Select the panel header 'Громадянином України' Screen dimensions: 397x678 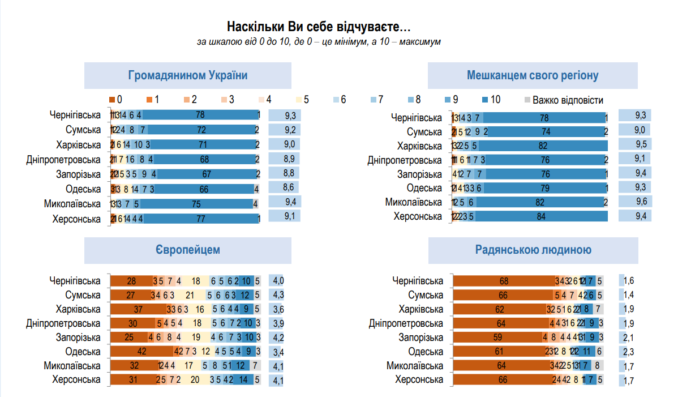click(x=187, y=76)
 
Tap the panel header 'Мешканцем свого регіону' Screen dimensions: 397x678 click(x=533, y=76)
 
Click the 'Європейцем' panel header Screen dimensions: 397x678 click(x=187, y=250)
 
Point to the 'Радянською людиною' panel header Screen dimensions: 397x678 click(x=534, y=250)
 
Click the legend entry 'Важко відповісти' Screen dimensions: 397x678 click(x=568, y=100)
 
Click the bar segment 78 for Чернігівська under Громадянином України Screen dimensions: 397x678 click(x=200, y=116)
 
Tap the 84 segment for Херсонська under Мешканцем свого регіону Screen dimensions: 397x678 click(x=540, y=216)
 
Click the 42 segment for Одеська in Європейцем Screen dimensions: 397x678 click(x=141, y=352)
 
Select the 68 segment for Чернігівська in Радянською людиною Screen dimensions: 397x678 click(x=504, y=281)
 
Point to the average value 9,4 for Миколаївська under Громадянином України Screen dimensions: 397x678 click(x=284, y=202)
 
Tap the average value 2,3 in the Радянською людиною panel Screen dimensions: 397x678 click(x=629, y=352)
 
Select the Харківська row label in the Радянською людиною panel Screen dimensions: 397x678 click(x=420, y=309)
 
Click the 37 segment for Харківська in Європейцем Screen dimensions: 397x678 click(x=138, y=309)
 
